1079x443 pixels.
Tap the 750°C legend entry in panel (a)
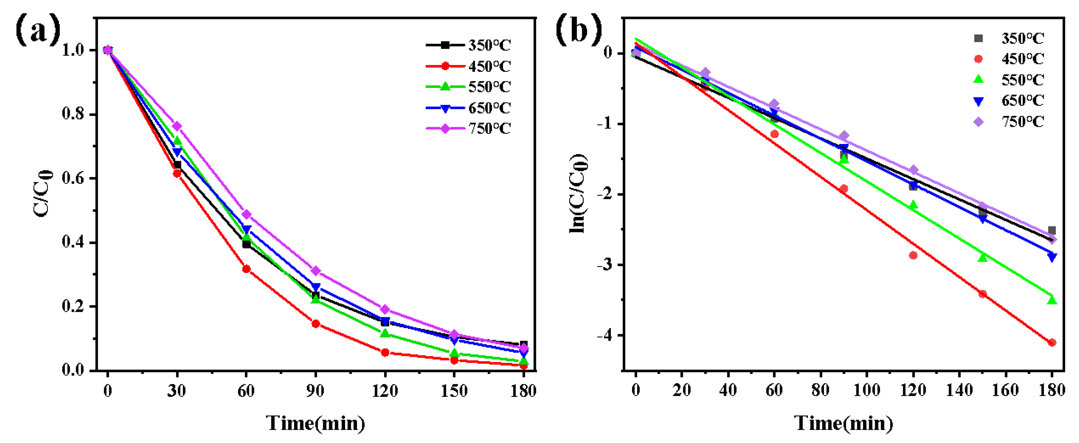(x=469, y=128)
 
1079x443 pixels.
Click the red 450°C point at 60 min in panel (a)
(x=246, y=269)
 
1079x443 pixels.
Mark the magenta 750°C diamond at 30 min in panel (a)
(x=177, y=126)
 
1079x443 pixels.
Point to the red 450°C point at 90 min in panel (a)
(x=315, y=324)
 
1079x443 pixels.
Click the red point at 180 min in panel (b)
(x=1052, y=343)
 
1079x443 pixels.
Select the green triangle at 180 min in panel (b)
(x=1052, y=300)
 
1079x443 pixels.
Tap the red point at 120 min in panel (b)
(x=913, y=255)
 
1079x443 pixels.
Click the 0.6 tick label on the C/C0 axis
(x=73, y=178)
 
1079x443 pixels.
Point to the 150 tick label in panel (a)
(x=454, y=391)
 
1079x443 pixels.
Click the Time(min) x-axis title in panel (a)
(x=315, y=423)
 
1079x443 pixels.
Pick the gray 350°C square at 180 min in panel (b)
(x=1052, y=231)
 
